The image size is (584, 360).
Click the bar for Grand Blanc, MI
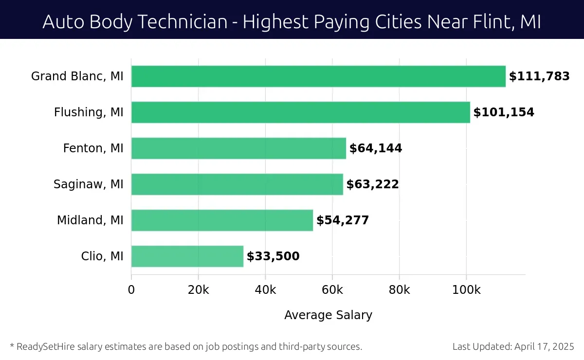pos(318,76)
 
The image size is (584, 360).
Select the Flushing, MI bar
pos(301,112)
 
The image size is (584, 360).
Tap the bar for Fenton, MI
pos(238,148)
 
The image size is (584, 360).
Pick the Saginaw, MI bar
pos(237,184)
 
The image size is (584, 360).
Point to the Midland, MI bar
pos(222,220)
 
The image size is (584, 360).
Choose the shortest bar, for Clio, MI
pos(187,256)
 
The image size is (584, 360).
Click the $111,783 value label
pos(539,76)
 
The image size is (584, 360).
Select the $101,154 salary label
pos(504,112)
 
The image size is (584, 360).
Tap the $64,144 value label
pos(376,148)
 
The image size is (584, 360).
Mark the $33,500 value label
pos(273,256)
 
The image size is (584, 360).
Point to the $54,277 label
pos(343,220)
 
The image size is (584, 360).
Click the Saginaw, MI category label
pos(89,184)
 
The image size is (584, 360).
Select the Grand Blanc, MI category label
pos(77,76)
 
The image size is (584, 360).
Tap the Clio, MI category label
pos(102,256)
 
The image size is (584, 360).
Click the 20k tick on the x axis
pos(199,290)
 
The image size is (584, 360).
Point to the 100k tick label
pos(466,290)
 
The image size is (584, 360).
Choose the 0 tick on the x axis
pos(131,290)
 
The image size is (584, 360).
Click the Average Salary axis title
pos(328,315)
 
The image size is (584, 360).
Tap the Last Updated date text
pos(513,347)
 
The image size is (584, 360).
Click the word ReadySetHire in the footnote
pos(41,347)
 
